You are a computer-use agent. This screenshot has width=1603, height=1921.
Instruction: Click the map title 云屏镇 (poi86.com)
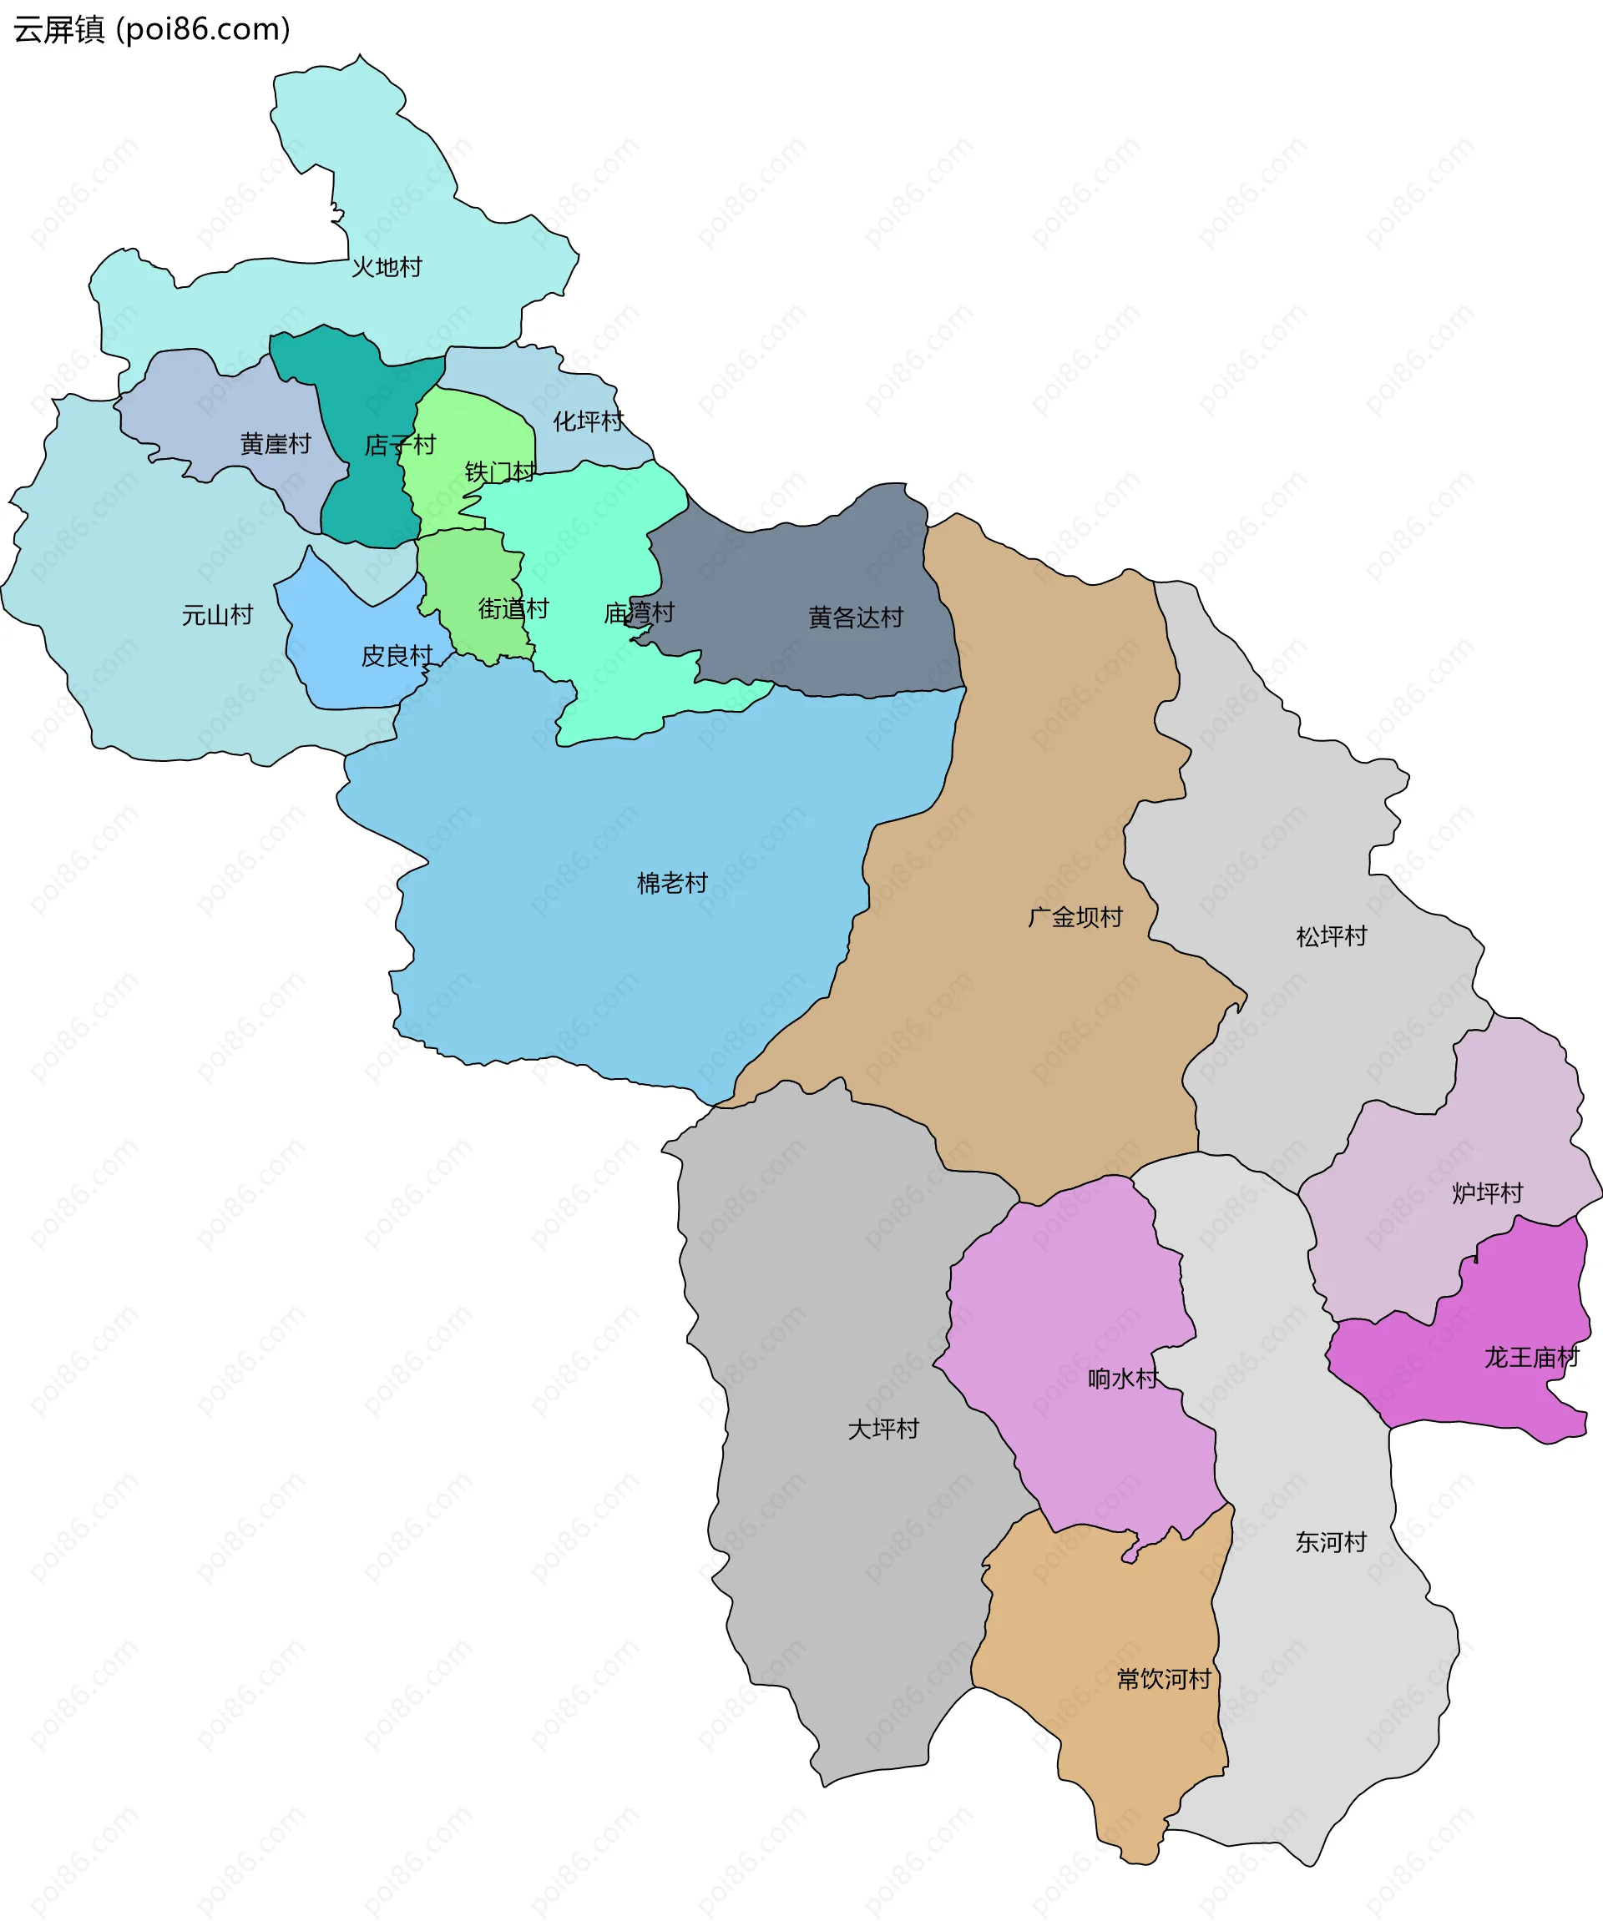coord(152,29)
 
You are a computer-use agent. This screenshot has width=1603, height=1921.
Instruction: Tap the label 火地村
coord(387,267)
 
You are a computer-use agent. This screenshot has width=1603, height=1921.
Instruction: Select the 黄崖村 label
coord(276,444)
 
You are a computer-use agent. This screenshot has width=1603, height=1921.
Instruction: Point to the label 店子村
coord(400,446)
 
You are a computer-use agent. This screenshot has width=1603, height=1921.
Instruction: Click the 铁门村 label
coord(499,472)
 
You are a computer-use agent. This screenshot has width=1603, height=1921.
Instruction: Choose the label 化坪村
coord(589,421)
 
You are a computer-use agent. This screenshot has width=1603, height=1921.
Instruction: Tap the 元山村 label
coord(217,615)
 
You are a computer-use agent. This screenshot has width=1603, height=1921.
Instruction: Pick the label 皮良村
coord(397,656)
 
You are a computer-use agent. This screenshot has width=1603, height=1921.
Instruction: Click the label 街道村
coord(513,608)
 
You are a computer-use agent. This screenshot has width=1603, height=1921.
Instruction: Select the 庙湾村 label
coord(639,613)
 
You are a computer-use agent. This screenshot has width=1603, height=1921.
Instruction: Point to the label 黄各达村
coord(856,618)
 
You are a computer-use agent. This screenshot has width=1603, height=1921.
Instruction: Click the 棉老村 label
coord(672,883)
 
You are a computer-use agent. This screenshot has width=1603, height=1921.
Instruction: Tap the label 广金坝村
coord(1075,916)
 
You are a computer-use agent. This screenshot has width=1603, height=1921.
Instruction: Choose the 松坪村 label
coord(1332,935)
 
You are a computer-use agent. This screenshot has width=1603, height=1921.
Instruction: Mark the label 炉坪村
coord(1487,1192)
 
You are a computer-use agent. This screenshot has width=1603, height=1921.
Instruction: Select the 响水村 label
coord(1123,1378)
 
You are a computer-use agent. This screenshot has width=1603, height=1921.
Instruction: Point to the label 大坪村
coord(883,1428)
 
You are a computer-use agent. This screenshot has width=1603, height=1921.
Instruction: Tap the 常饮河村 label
coord(1164,1679)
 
